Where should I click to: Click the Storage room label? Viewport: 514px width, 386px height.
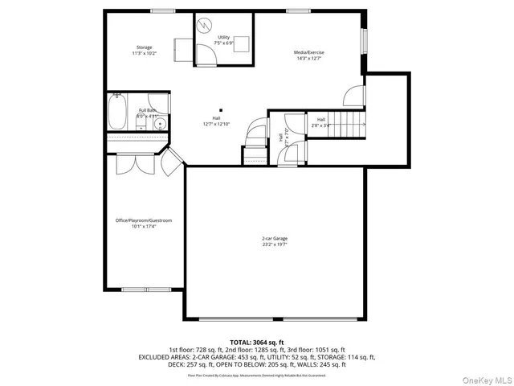coord(145,50)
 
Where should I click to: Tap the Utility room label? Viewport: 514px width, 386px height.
coord(223,40)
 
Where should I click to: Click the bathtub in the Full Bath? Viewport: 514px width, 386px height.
coord(117,113)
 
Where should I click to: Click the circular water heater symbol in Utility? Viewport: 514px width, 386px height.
coord(205,25)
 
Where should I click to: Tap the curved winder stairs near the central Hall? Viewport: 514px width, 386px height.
coord(255,137)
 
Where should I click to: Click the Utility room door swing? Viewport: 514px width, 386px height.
coord(206,55)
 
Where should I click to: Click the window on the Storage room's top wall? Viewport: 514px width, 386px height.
coord(160,10)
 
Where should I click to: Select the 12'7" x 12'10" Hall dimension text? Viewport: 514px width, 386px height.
coord(216,124)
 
